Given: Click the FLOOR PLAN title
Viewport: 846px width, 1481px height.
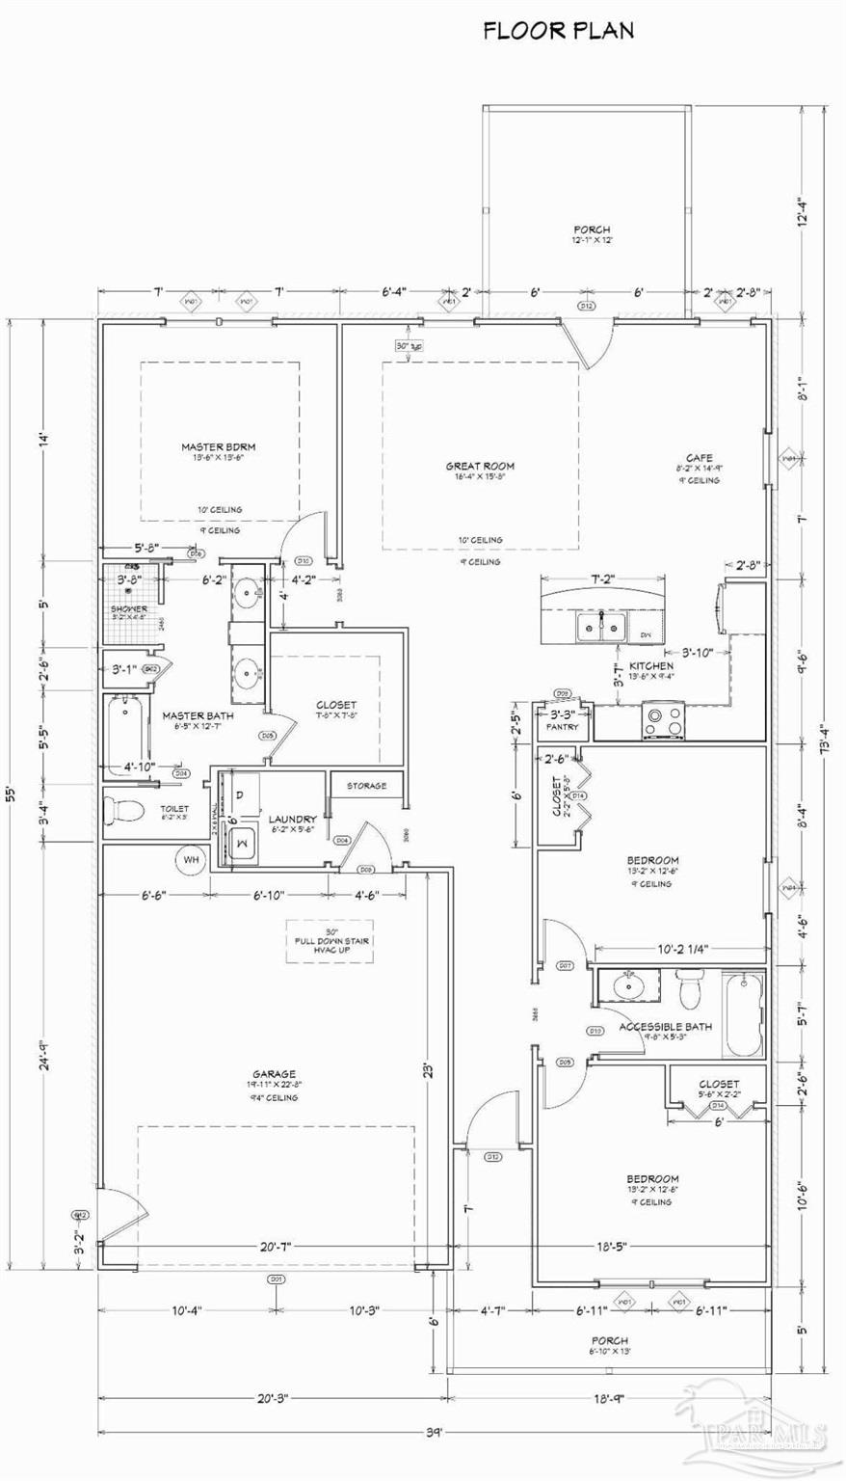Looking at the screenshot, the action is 558,32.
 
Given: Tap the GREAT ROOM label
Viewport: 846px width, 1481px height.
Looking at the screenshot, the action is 479,467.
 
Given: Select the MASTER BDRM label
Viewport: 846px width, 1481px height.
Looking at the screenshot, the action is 218,446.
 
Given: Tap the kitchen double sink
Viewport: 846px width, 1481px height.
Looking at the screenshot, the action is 601,628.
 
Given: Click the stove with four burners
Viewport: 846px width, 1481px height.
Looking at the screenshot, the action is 663,721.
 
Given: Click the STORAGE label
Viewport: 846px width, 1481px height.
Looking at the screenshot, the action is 366,786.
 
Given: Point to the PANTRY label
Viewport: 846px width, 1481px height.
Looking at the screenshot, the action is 562,727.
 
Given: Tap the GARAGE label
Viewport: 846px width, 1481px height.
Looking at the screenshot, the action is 274,1074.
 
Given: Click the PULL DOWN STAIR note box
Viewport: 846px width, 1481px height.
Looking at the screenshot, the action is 332,941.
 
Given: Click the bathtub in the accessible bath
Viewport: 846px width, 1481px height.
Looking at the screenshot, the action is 743,1015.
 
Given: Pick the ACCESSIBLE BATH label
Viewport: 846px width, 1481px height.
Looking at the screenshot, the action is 665,1027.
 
